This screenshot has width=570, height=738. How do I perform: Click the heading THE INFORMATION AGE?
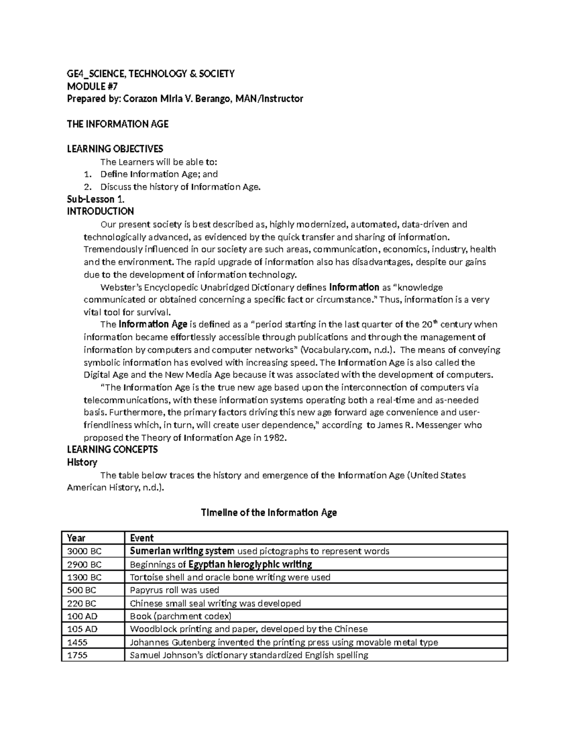point(117,124)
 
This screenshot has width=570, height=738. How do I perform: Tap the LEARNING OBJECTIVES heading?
point(115,149)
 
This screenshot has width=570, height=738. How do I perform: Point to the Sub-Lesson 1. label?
point(96,199)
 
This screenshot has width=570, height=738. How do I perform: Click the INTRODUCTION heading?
point(100,211)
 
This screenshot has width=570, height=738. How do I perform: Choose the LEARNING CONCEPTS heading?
point(112,450)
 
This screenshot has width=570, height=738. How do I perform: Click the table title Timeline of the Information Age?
point(269,513)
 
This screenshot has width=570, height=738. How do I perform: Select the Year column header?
point(76,538)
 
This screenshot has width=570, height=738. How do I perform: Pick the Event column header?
point(142,538)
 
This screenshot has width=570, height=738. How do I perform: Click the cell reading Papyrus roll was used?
point(174,590)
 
